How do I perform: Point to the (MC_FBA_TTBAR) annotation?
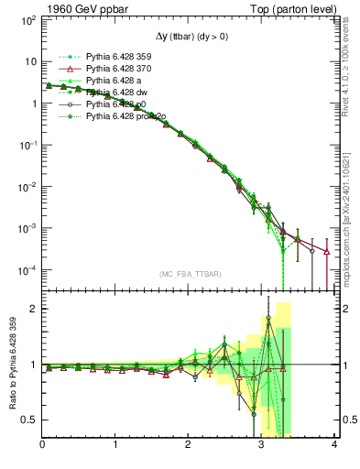(189, 275)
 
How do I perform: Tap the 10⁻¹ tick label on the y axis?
(28, 145)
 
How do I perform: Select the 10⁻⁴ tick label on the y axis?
(28, 270)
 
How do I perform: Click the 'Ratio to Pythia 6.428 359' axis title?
(11, 364)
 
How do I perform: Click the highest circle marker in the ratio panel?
(268, 319)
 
